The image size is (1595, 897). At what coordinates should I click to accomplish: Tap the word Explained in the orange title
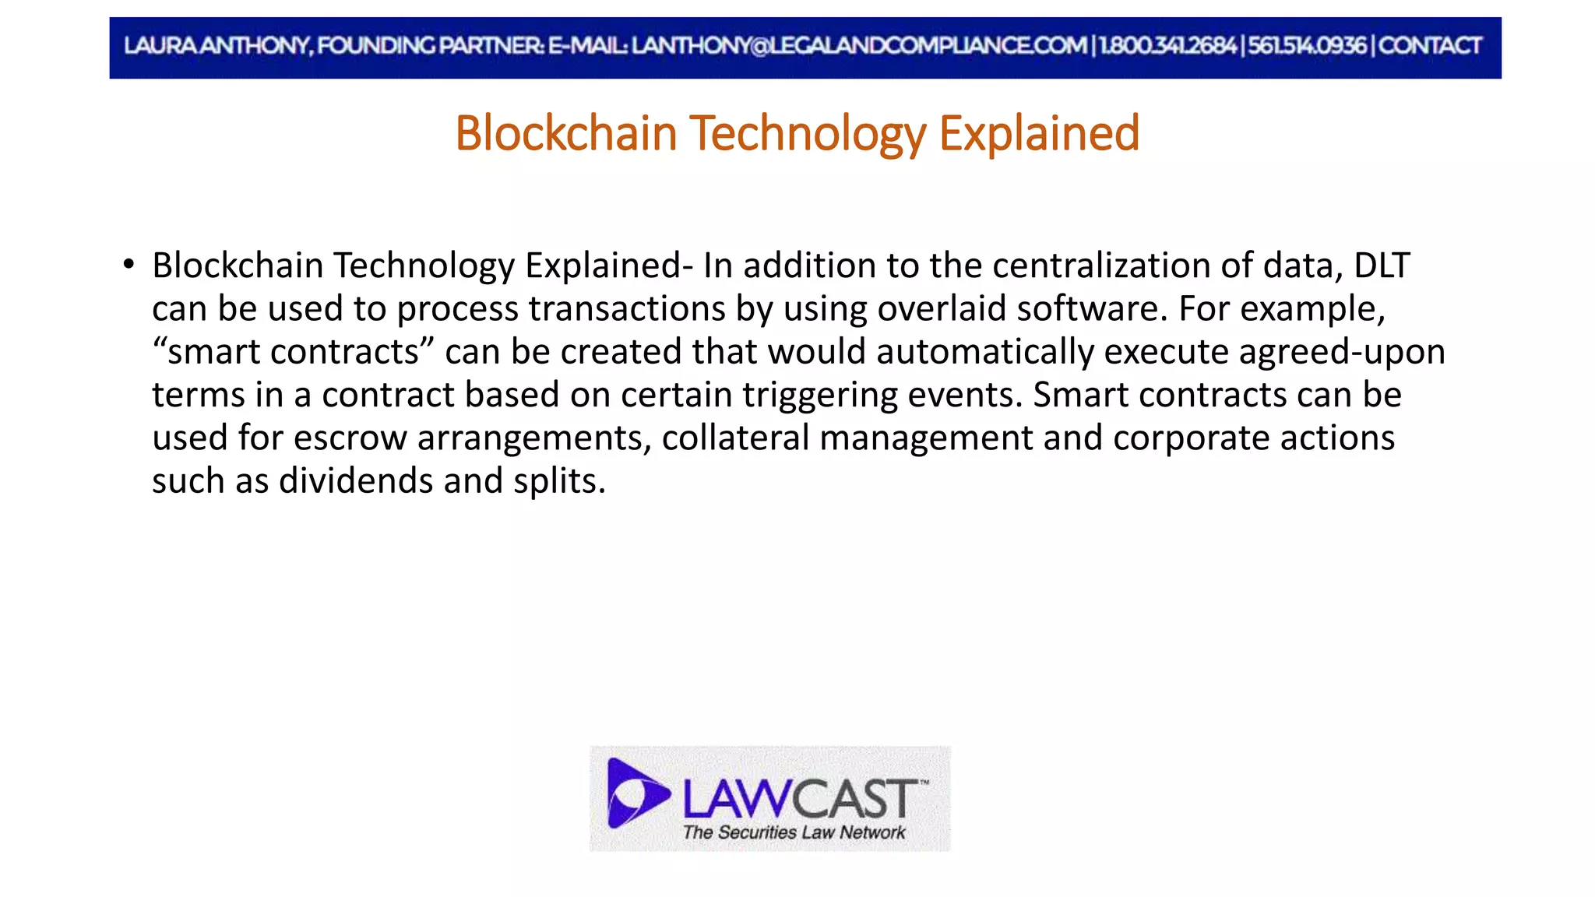[1039, 133]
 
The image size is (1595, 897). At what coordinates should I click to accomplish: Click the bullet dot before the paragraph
[129, 264]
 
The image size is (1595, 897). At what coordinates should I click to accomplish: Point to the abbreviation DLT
[1382, 266]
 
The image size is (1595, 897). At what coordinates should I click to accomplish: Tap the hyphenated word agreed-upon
[1342, 352]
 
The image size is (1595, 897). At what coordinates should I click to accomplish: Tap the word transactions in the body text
[627, 309]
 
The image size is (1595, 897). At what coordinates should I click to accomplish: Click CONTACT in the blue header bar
[1429, 46]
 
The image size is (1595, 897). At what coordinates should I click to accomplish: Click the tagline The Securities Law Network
[794, 832]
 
